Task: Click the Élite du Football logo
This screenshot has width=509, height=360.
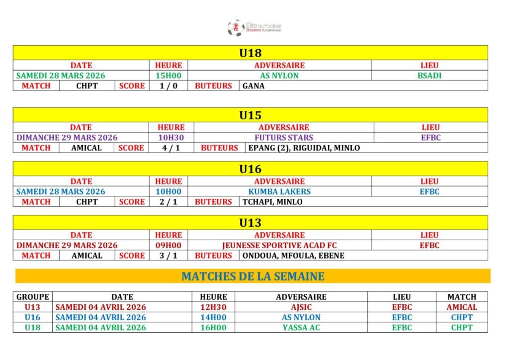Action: click(x=254, y=27)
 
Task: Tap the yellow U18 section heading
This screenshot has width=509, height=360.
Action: click(x=250, y=53)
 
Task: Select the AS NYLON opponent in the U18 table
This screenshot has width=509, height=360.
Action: click(x=279, y=76)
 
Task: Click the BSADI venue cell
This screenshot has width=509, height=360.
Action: click(x=429, y=76)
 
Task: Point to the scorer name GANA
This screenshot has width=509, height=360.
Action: click(x=254, y=86)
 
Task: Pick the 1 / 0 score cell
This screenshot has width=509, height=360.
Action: click(x=169, y=86)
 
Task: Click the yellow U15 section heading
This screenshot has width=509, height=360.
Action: click(x=250, y=115)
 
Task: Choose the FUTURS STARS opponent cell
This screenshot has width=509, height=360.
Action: click(x=284, y=138)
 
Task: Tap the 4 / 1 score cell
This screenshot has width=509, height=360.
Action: click(x=171, y=148)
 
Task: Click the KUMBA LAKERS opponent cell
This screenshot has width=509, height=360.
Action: click(x=279, y=191)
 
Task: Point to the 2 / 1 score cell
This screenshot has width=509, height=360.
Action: click(x=169, y=202)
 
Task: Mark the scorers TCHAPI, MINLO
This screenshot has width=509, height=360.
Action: click(x=272, y=202)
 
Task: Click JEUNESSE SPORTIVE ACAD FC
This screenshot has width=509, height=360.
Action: click(x=279, y=245)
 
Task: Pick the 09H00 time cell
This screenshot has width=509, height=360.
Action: click(x=169, y=245)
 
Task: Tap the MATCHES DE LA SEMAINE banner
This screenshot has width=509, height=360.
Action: click(x=253, y=276)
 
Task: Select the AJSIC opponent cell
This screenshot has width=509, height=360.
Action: click(x=301, y=307)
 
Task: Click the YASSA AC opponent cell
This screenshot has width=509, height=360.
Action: click(x=301, y=328)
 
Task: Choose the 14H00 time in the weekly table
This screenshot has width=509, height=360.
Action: click(x=213, y=317)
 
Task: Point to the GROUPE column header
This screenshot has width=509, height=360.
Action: click(x=33, y=297)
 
